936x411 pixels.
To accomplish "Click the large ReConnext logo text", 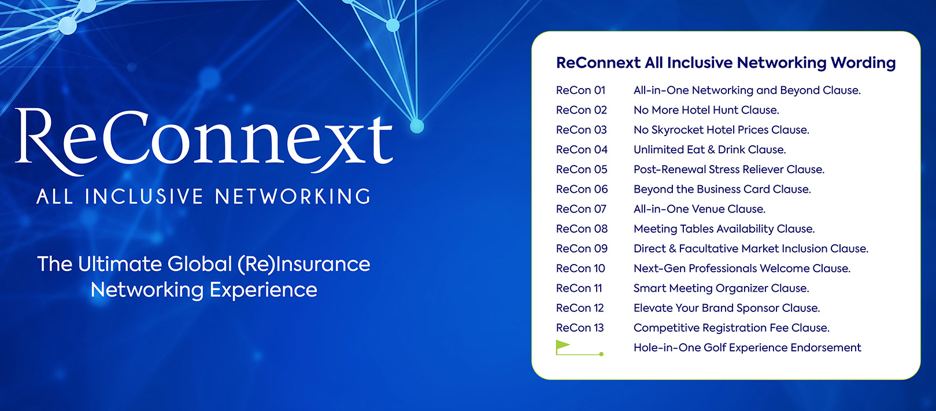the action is pos(204,141).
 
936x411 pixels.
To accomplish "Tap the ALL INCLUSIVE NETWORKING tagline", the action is pos(204,196).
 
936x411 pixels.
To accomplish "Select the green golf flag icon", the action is pos(579,348).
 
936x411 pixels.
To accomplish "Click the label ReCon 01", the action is pos(580,90).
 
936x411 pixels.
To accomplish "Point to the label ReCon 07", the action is pos(581,210).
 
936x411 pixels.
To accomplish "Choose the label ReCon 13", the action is pos(580,328).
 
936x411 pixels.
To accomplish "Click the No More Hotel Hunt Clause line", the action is pos(706,110).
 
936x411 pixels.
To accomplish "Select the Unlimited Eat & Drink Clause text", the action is pos(709,150).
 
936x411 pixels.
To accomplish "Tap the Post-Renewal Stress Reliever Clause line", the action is pos(729,170).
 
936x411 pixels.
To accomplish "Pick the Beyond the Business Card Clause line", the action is pos(722,189).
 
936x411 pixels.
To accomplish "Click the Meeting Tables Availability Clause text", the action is pos(724,229).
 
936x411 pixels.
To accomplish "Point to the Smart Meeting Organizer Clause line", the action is pos(721,288).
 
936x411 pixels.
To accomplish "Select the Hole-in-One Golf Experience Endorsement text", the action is pos(747,348).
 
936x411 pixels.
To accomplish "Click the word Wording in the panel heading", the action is pos(863,63).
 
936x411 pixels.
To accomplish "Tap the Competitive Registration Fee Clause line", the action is pos(731,328).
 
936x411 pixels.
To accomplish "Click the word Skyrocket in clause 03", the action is pos(677,130).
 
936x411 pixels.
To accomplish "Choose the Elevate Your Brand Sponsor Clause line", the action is pos(727,308).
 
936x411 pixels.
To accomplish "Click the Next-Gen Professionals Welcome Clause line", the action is pos(742,268).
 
